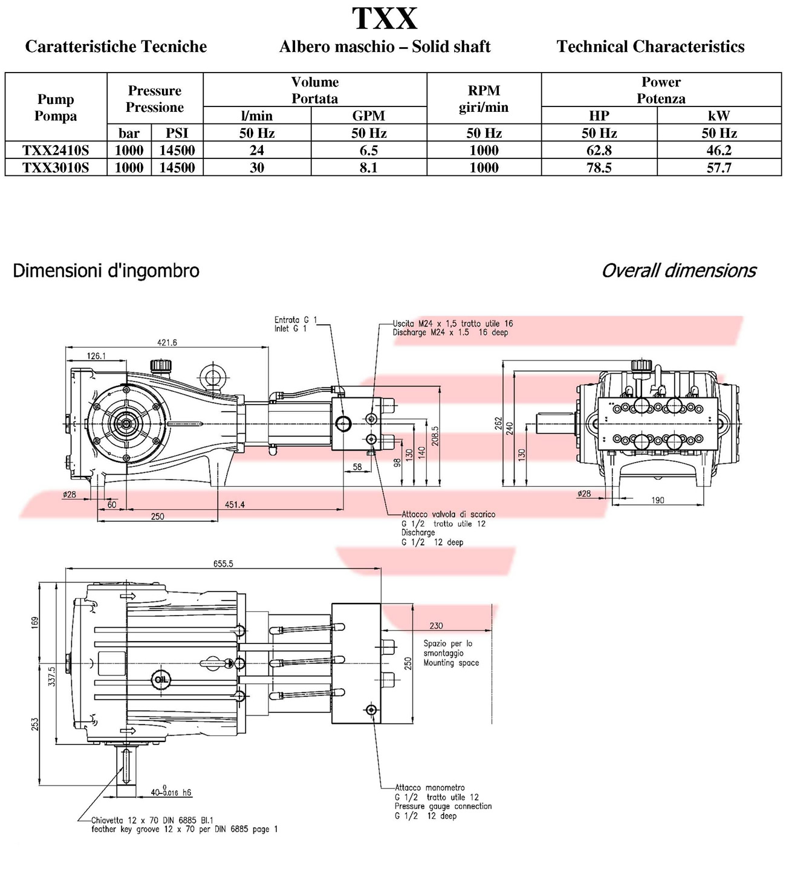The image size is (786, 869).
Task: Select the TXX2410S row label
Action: tap(56, 150)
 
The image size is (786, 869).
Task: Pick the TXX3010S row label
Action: tap(56, 168)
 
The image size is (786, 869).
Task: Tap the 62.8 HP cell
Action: tap(599, 150)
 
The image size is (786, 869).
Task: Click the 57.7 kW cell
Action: tap(718, 168)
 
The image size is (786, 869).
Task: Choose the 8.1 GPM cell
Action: tap(368, 168)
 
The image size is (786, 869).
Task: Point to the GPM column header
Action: tap(368, 116)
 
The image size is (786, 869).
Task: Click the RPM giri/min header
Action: tap(484, 99)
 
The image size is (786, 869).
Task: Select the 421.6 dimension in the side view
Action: tap(167, 342)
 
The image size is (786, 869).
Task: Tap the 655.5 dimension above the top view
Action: tap(222, 564)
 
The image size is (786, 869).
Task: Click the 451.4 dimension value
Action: tap(235, 504)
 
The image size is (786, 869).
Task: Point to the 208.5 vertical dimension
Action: tap(435, 437)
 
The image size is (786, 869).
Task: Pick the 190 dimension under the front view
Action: tap(658, 500)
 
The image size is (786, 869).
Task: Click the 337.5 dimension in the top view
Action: tap(52, 675)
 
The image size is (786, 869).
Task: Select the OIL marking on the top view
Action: tap(161, 679)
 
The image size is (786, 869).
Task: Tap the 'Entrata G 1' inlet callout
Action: tap(295, 320)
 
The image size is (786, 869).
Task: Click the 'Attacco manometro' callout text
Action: tap(430, 787)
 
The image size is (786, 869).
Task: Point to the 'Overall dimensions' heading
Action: tap(678, 270)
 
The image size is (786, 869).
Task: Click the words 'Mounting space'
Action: tap(451, 663)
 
